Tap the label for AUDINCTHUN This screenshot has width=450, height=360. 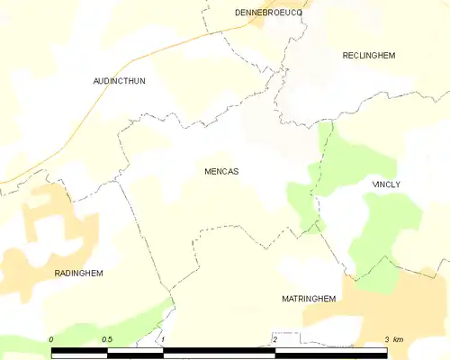coord(119,81)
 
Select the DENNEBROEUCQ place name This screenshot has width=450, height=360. coord(268,13)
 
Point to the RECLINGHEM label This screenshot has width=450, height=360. coord(369,56)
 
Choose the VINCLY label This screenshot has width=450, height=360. coord(386,184)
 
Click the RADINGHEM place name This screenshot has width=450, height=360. coord(78,272)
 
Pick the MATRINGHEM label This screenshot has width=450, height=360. coord(309,298)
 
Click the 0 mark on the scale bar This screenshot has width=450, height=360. coord(51,338)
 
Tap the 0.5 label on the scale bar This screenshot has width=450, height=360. coord(107,338)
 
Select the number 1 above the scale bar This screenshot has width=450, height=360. coord(163,338)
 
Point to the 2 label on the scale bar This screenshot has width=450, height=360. coord(274,338)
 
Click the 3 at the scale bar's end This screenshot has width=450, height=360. coord(387,338)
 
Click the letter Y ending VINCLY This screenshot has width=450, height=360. coord(398,184)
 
